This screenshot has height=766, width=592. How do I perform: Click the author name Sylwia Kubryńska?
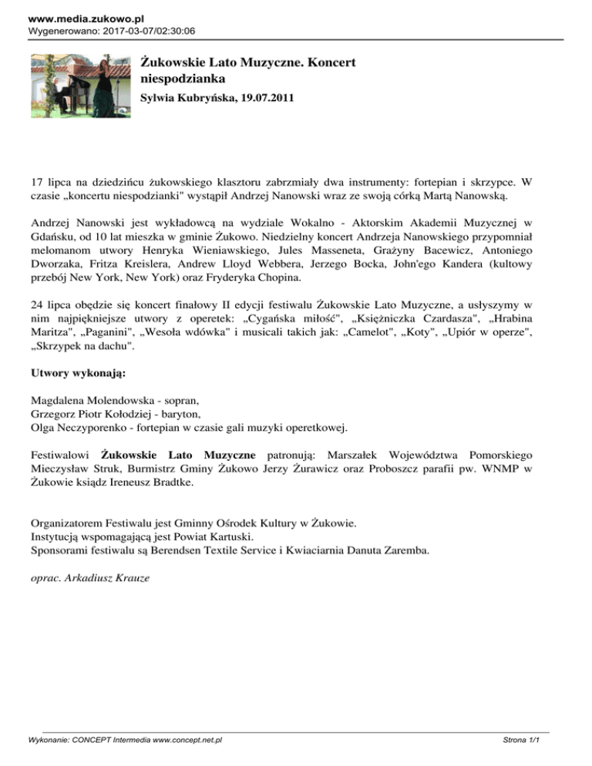186,98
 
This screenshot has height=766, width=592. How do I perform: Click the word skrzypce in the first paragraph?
486,185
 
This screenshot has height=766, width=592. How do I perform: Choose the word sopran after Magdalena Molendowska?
180,401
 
